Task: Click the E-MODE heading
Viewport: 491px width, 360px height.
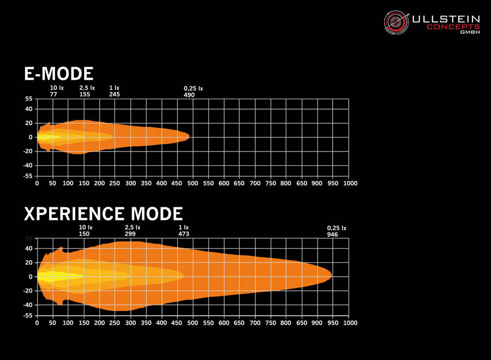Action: tap(59, 74)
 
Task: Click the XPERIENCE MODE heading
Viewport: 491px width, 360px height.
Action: tap(103, 213)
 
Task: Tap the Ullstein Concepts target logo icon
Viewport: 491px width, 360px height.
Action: tap(397, 22)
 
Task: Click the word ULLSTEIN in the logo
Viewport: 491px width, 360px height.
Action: tap(445, 19)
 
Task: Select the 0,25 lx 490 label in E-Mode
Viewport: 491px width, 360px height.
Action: tap(193, 92)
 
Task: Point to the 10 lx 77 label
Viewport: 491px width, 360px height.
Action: tap(57, 91)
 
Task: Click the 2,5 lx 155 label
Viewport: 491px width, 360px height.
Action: tap(87, 91)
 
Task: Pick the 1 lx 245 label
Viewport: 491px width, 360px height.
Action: tap(114, 91)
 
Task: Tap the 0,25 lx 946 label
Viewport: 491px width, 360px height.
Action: tap(337, 231)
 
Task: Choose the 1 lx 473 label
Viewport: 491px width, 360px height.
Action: tap(183, 230)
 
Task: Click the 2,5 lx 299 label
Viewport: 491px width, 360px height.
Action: tap(133, 230)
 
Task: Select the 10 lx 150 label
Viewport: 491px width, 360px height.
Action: tap(86, 230)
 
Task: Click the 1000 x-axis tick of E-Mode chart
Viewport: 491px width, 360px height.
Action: tap(349, 183)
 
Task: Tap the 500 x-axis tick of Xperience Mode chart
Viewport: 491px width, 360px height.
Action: tap(193, 323)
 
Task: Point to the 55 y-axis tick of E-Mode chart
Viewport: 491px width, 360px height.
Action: tap(28, 99)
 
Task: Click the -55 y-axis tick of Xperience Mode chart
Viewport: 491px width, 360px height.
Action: tap(27, 315)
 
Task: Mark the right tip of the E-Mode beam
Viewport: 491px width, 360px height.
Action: tap(189, 136)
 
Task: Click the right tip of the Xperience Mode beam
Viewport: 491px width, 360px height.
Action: tap(331, 275)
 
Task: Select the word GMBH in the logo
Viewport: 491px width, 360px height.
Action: tap(470, 32)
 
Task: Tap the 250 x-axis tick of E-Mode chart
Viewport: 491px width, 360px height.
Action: tap(115, 183)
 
